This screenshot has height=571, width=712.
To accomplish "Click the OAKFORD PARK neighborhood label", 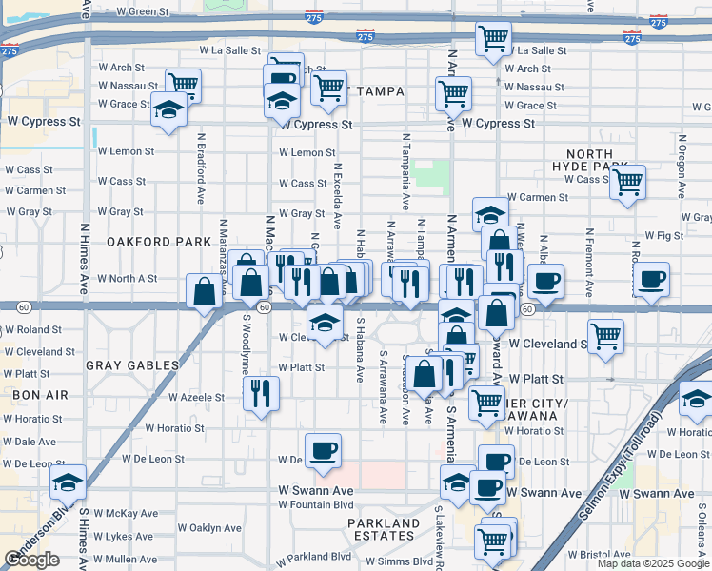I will coord(159,242).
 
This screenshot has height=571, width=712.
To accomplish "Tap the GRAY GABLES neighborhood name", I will coord(132,365).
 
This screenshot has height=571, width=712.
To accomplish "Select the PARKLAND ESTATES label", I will coord(383,530).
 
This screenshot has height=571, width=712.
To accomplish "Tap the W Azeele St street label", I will coord(196,398).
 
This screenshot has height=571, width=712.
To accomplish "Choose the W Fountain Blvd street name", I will coord(316,504).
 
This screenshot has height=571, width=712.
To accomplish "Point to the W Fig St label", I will coord(663,235).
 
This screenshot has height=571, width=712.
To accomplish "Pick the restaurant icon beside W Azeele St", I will coord(261,393).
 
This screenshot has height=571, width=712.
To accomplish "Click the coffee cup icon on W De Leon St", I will coord(323,451).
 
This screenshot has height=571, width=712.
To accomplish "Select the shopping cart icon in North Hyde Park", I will coord(627,182).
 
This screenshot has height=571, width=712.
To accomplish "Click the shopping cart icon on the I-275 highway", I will coord(494,40).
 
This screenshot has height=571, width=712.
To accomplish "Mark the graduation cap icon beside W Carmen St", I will coord(491,214).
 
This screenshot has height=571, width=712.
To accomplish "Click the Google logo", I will coord(32,560).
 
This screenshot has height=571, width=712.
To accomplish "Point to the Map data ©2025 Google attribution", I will coord(652,563).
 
